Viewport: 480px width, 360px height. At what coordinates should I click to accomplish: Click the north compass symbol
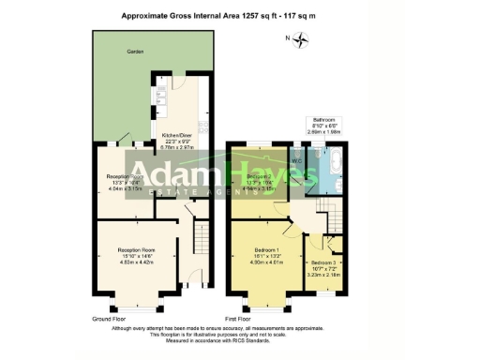pyautogui.click(x=300, y=38)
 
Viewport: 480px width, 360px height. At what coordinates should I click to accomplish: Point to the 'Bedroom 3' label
pyautogui.click(x=324, y=262)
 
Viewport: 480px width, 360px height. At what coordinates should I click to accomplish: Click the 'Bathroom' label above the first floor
pyautogui.click(x=323, y=120)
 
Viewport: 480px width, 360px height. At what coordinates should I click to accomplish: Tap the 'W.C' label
pyautogui.click(x=296, y=160)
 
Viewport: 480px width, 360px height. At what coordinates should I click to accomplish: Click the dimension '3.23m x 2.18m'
pyautogui.click(x=324, y=276)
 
